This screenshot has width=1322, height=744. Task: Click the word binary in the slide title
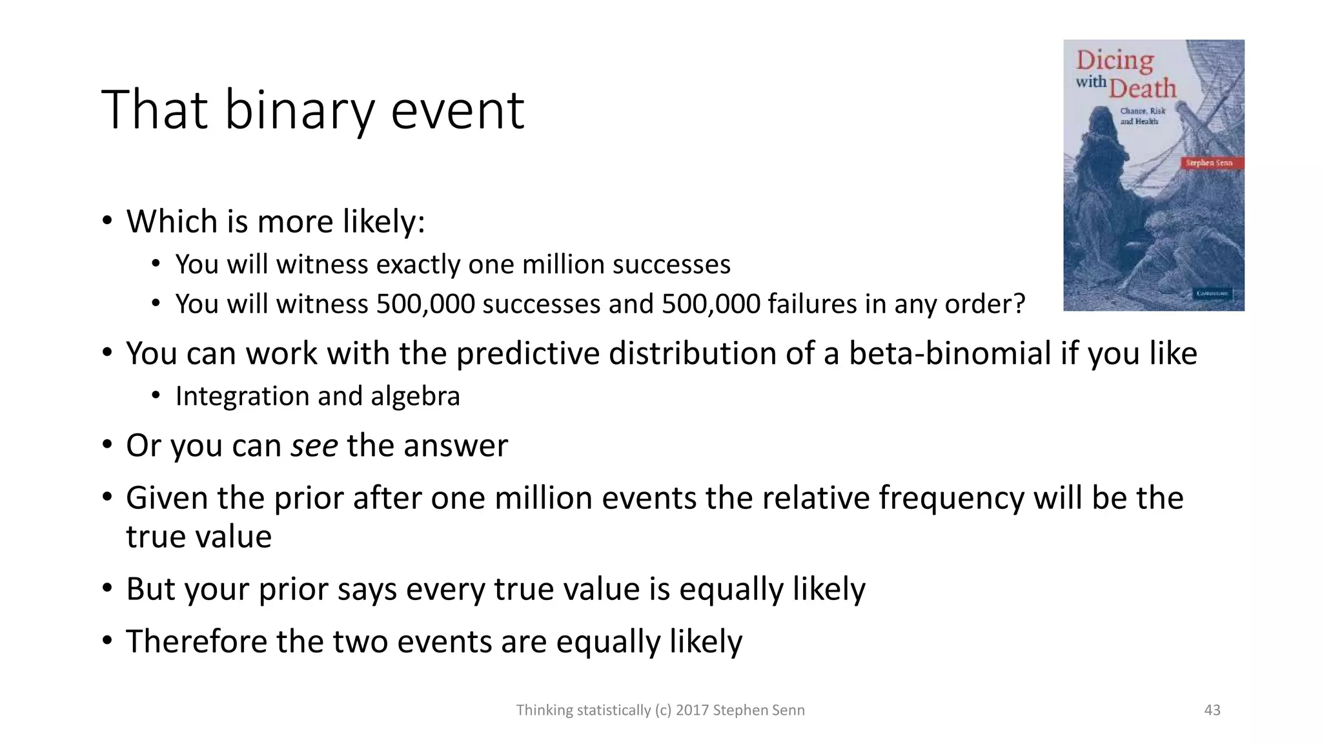(299, 110)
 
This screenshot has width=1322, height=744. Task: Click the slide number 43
(1212, 710)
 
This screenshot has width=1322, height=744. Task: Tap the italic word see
(314, 446)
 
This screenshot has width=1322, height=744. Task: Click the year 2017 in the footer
(691, 710)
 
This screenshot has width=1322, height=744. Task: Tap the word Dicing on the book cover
(1115, 61)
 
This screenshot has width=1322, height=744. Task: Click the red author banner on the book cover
(1210, 163)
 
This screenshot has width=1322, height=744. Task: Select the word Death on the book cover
(1143, 88)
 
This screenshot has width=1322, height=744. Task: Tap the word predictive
(527, 354)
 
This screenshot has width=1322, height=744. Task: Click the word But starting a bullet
(150, 589)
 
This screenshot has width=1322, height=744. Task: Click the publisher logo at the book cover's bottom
(1212, 294)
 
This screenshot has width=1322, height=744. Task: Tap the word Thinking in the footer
(544, 710)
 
